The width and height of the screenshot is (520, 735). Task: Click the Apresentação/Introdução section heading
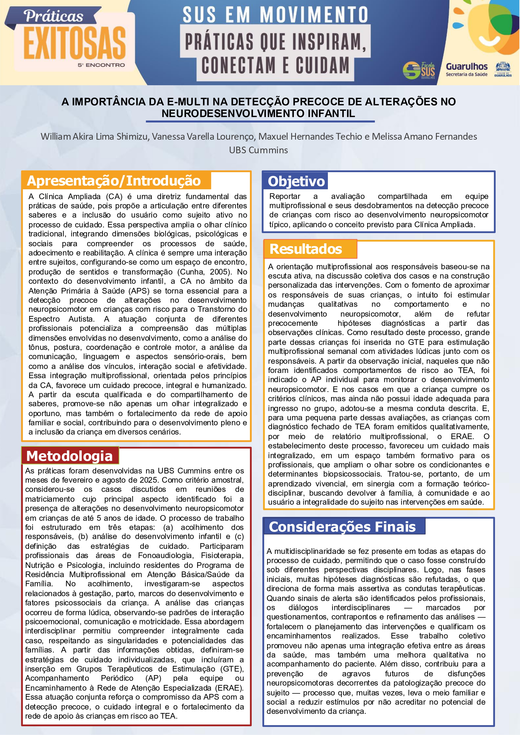click(x=114, y=181)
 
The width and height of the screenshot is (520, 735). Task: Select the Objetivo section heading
click(x=296, y=182)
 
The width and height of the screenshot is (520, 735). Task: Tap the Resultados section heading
click(x=306, y=249)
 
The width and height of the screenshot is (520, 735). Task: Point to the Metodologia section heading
click(x=70, y=456)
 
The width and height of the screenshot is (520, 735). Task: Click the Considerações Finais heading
click(x=342, y=527)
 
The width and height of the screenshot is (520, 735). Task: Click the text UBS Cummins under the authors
click(x=258, y=150)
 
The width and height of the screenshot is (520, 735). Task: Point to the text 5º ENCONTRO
click(x=101, y=65)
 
